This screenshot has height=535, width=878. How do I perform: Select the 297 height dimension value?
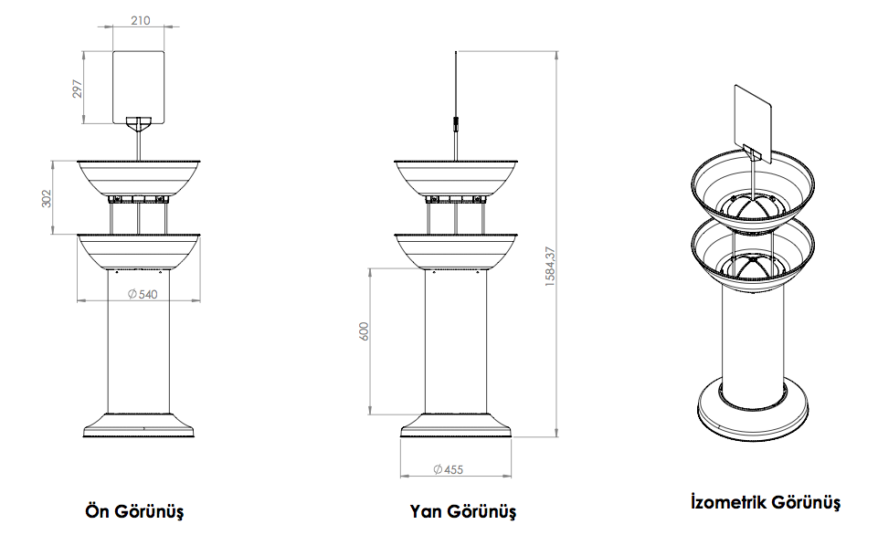(x=79, y=87)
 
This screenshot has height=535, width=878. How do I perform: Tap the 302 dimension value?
(x=48, y=197)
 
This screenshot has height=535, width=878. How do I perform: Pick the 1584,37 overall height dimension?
(x=550, y=267)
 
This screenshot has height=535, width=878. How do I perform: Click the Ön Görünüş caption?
(x=134, y=510)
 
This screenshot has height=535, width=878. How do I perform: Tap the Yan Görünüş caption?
(x=463, y=510)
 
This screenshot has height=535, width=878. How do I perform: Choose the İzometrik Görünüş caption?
(x=766, y=502)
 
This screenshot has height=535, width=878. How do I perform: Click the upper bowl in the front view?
(x=138, y=176)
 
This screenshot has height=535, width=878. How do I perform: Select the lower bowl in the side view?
(x=456, y=250)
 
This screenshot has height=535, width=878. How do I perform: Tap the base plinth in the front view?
(x=138, y=425)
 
